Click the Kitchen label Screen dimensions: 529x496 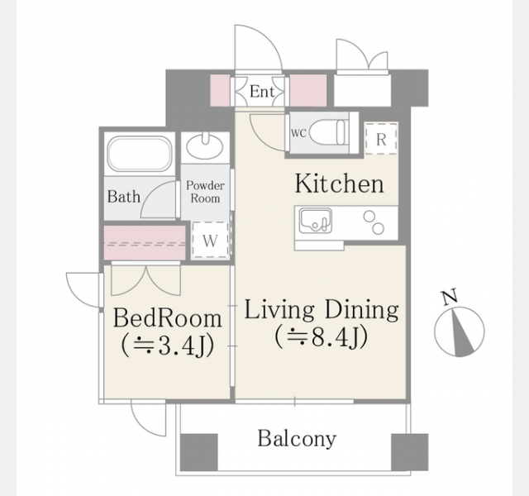340,184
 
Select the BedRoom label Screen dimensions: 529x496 168,317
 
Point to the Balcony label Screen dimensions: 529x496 297,439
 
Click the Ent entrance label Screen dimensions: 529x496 261,92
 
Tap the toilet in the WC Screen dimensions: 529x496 328,134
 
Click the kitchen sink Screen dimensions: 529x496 316,221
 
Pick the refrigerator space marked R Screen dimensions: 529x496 381,139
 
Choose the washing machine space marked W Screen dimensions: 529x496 210,241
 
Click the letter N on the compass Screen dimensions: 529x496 450,297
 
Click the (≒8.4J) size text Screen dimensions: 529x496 321,337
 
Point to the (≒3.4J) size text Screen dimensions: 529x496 168,346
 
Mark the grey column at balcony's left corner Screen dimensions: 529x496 199,452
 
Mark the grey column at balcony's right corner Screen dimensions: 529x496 410,452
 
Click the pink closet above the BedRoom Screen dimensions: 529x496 145,243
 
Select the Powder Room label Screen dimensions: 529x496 205,192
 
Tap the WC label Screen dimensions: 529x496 298,134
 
